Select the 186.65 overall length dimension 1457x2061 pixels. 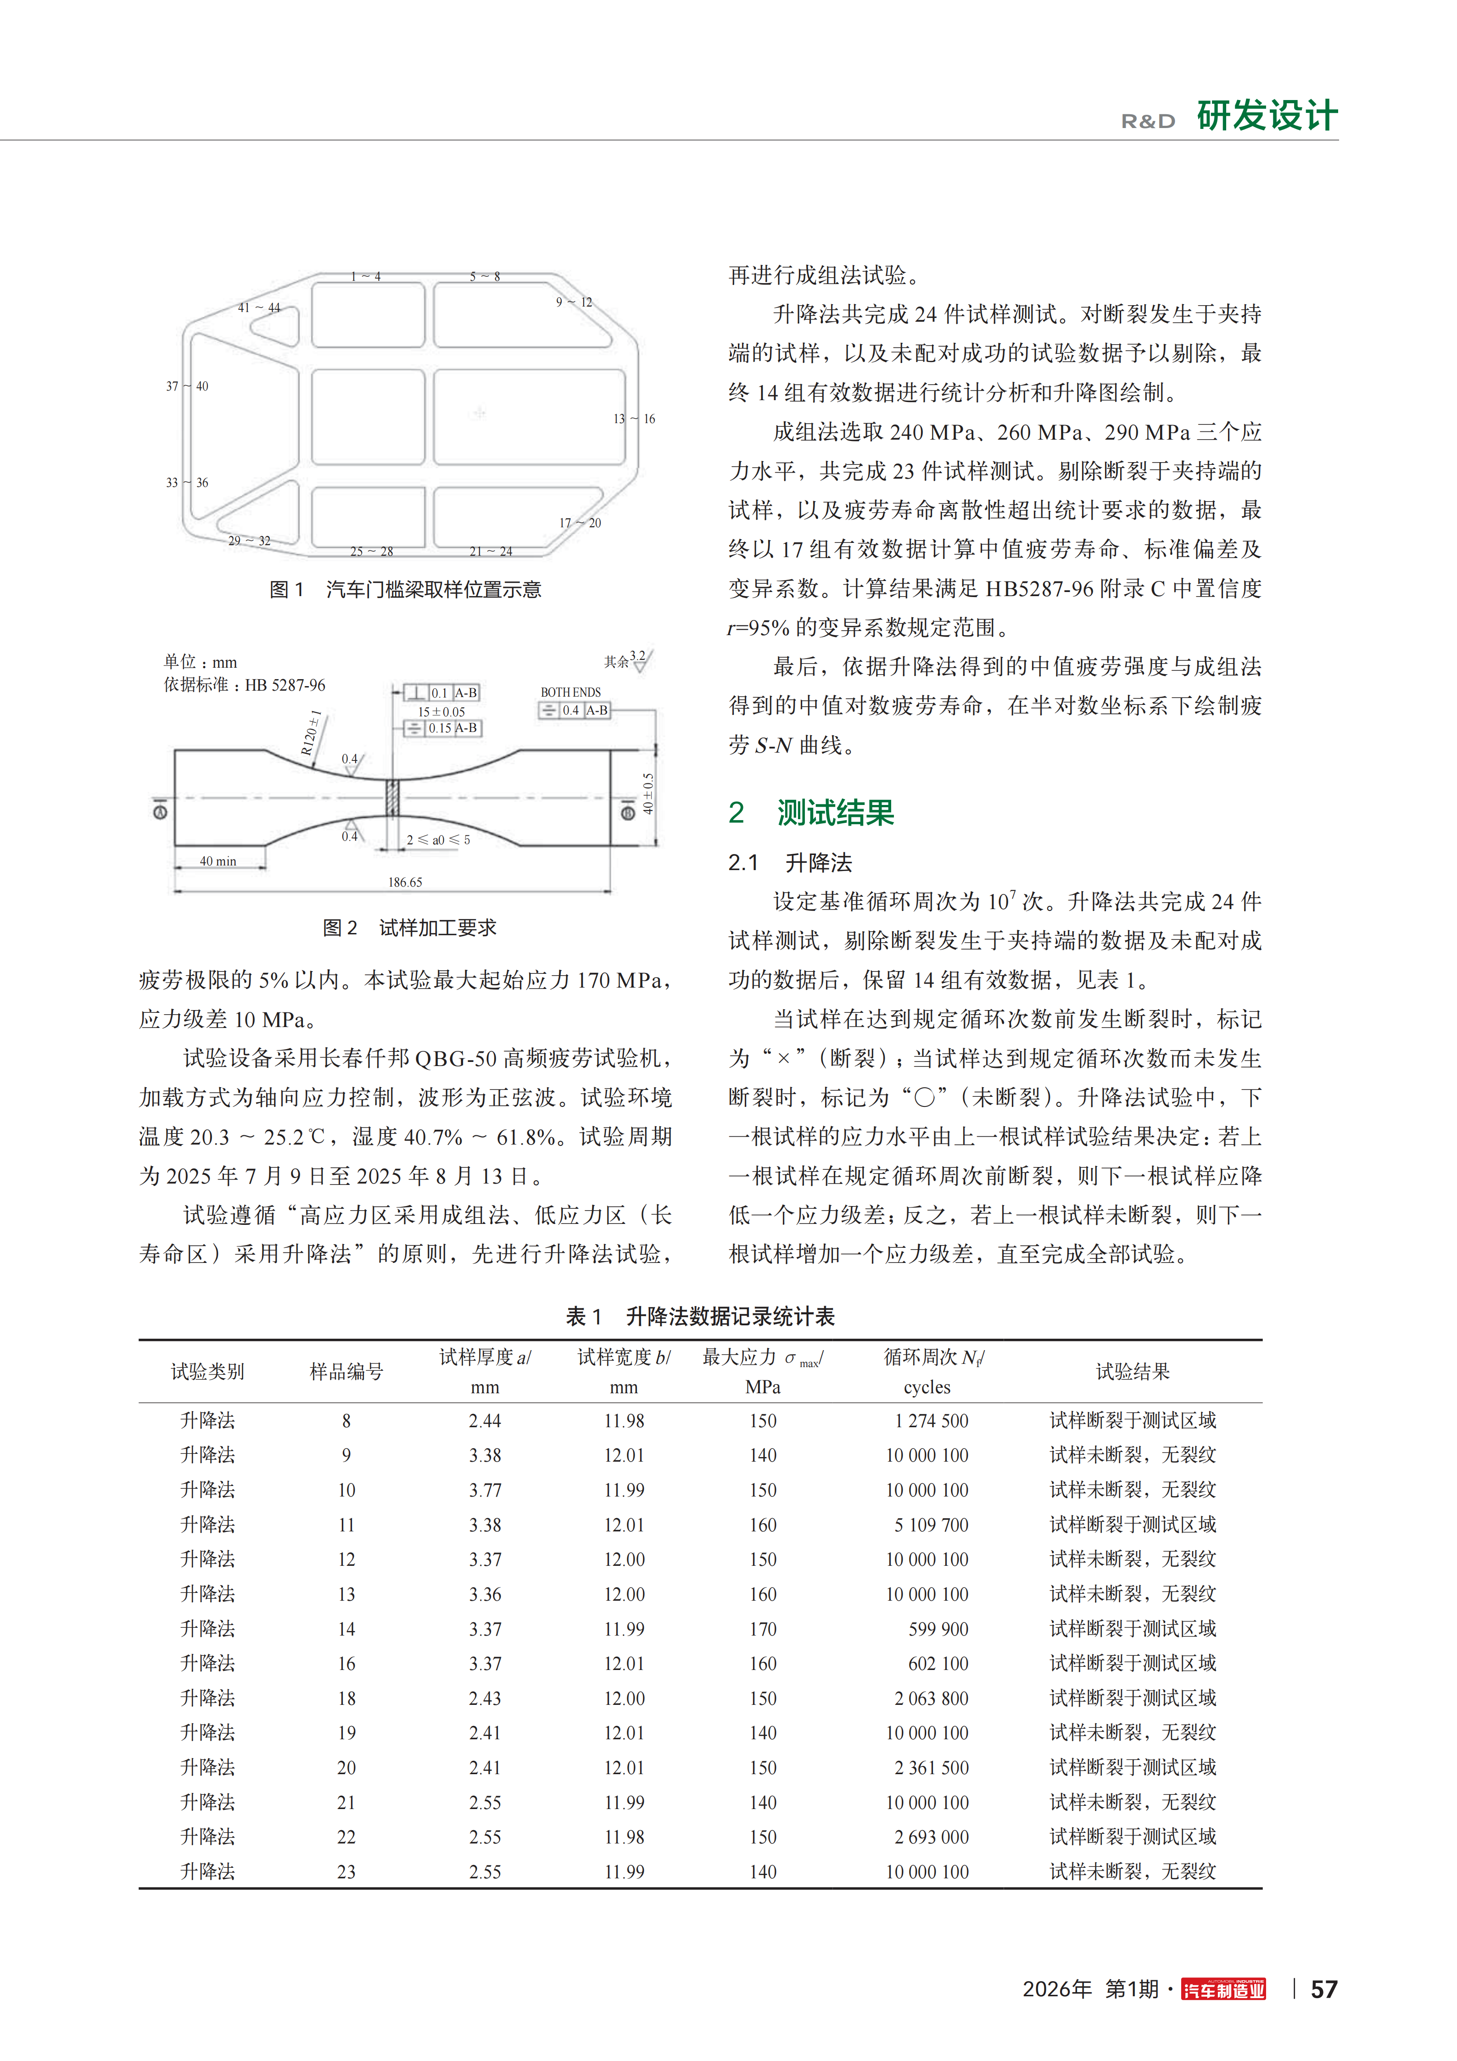click(405, 882)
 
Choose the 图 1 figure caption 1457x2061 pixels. click(405, 590)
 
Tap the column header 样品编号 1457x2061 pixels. click(346, 1372)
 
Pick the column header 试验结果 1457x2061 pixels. click(1133, 1372)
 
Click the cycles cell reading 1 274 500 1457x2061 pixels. click(931, 1421)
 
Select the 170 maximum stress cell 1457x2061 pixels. click(763, 1629)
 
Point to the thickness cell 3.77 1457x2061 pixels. click(485, 1490)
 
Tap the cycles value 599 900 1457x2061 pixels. click(938, 1629)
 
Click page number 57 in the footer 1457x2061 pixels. click(1324, 1990)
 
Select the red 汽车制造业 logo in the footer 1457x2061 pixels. click(1223, 1990)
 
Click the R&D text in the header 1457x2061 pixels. click(1148, 121)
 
